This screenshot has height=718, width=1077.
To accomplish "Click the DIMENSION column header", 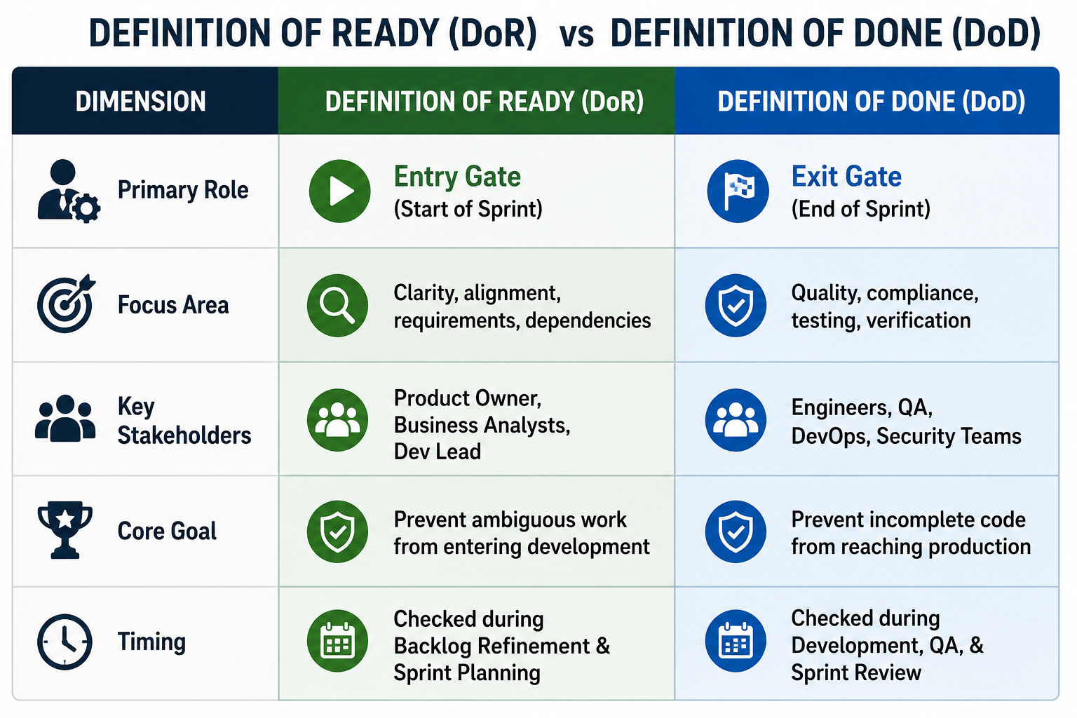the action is click(x=140, y=102).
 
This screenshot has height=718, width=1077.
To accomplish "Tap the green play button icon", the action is click(x=339, y=191).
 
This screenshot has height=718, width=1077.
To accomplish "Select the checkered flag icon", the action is click(x=738, y=191).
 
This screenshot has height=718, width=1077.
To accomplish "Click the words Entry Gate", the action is click(x=457, y=177).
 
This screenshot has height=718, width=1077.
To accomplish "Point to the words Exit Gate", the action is click(x=846, y=177).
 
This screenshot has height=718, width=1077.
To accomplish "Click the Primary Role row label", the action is click(x=183, y=190).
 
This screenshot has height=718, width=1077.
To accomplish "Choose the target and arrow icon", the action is click(x=67, y=304).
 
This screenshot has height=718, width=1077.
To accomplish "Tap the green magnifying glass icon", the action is click(x=337, y=306).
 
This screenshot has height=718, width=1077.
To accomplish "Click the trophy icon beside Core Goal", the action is click(x=65, y=530).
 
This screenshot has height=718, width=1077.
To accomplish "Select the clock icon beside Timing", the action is click(x=65, y=642).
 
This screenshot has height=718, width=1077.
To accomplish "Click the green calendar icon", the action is click(x=337, y=641).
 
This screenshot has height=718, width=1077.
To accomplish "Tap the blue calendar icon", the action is click(x=736, y=641).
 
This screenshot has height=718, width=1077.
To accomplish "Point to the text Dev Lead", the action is click(x=437, y=452).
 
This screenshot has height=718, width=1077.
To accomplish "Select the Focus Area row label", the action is click(x=173, y=305).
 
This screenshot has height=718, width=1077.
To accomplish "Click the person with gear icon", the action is click(x=69, y=191).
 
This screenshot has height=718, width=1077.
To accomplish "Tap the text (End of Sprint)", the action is click(x=860, y=209).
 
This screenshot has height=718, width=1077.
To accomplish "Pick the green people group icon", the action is click(x=337, y=420).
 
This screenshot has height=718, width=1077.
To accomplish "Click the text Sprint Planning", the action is click(x=467, y=672).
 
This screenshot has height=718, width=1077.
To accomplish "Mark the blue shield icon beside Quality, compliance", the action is click(x=736, y=306).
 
